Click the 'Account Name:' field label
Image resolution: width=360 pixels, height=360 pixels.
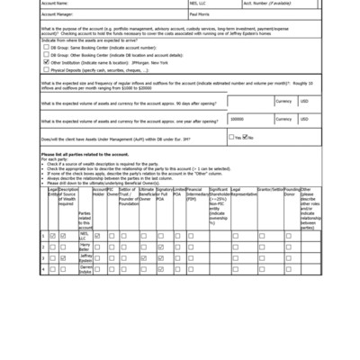coord(57,4)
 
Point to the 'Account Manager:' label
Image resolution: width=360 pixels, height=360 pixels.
coord(60,15)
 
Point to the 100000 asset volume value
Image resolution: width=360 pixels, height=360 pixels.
coord(237,118)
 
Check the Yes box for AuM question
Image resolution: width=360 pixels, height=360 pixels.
coord(230,138)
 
